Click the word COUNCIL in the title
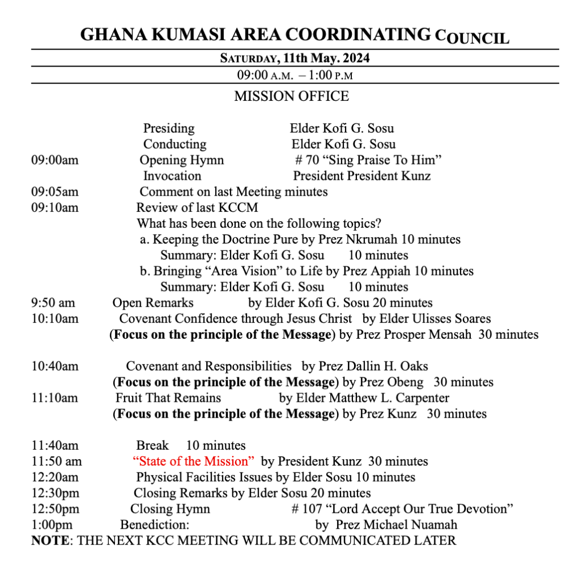[472, 38]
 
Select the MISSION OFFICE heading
[291, 96]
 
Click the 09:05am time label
[55, 192]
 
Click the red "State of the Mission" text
[193, 461]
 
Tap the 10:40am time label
[55, 366]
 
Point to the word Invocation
[172, 176]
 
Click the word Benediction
[154, 524]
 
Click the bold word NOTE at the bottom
[50, 540]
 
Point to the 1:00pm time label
[52, 524]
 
